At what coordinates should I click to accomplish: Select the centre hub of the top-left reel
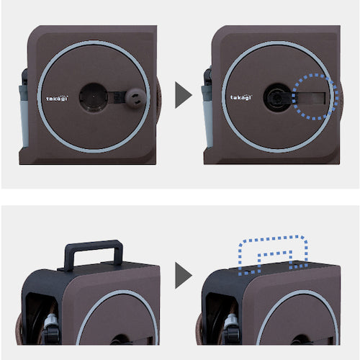coord(93,96)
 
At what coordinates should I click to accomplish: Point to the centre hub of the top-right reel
coord(276,96)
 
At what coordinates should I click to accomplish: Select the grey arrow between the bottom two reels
coord(184,275)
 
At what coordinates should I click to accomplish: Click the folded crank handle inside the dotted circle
coord(312,96)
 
